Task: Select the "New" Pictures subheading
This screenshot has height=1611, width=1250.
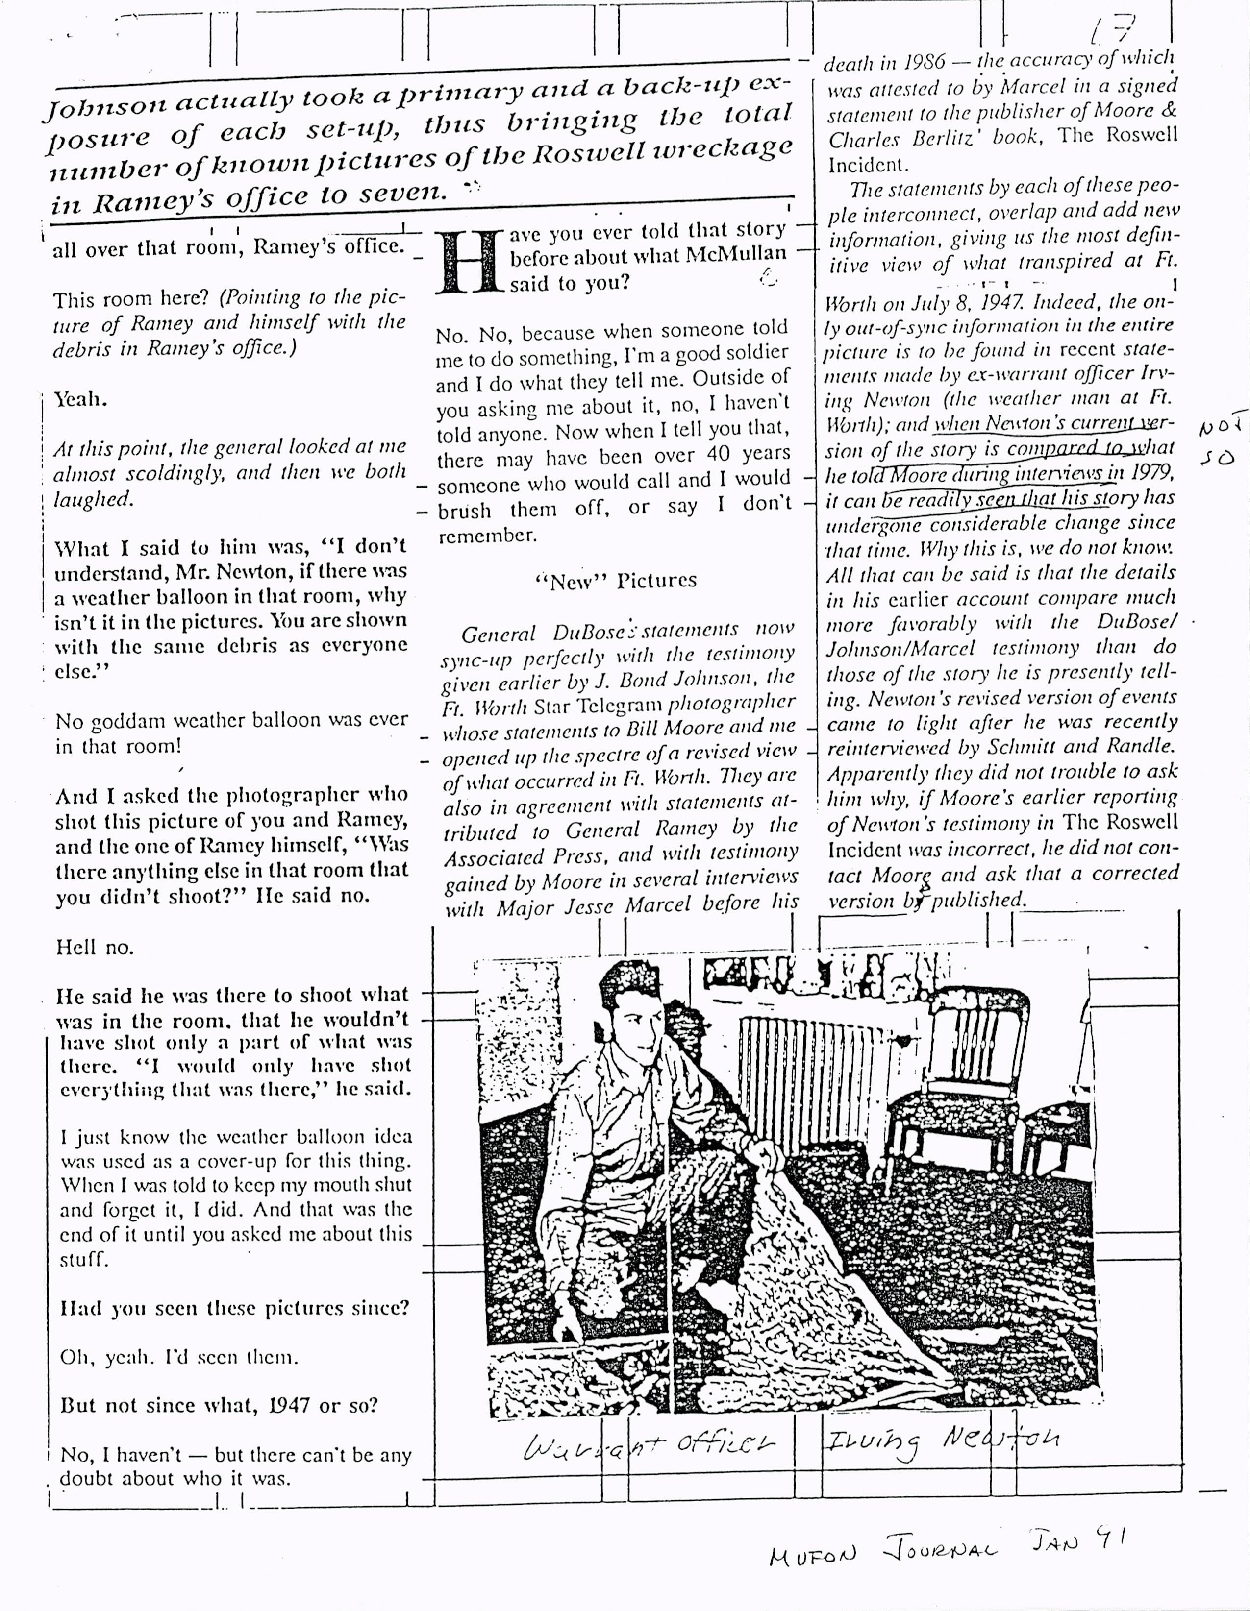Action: pos(615,581)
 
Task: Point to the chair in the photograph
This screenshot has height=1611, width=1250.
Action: pos(959,1062)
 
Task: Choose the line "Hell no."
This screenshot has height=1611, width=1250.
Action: pos(95,947)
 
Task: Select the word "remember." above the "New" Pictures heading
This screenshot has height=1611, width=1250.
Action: pos(488,536)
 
